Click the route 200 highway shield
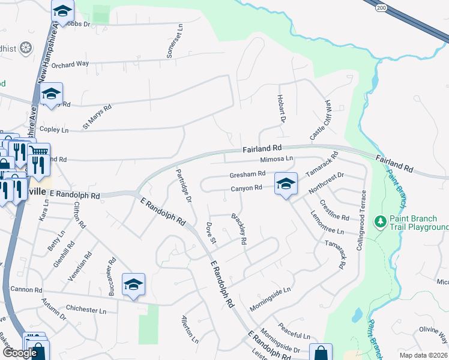[x=382, y=8]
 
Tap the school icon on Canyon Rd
[x=286, y=184]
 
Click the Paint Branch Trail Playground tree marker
[x=380, y=223]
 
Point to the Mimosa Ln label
[x=277, y=159]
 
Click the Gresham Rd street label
[x=247, y=174]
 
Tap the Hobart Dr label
[x=280, y=109]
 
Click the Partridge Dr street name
[x=184, y=185]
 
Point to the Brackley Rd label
[x=238, y=230]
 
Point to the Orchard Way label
[x=70, y=64]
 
